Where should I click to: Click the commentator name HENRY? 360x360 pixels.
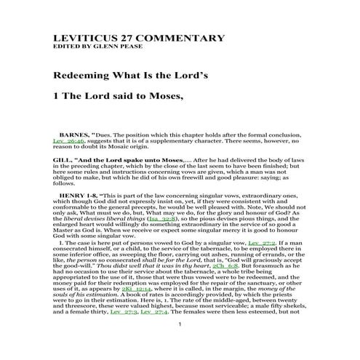click(x=74, y=196)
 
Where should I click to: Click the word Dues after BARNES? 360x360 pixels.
click(x=106, y=135)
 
